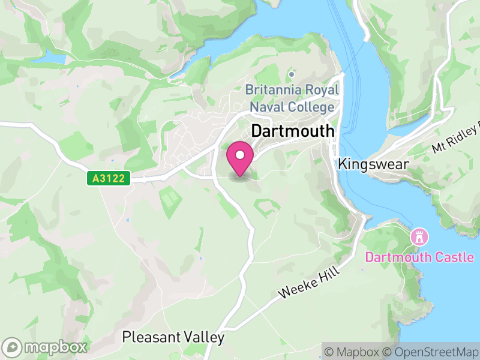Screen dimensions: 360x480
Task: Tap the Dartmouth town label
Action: point(293,131)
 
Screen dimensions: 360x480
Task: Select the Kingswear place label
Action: point(373,163)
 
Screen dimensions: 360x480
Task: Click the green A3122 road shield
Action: point(109,178)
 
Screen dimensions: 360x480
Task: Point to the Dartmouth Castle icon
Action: point(418,236)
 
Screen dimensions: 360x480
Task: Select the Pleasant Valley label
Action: point(173,337)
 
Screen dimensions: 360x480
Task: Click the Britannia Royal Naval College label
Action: point(292,99)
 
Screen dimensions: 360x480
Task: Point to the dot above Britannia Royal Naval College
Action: point(292,74)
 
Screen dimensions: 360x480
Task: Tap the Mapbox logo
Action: point(46,347)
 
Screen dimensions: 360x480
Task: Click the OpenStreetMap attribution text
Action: point(431,352)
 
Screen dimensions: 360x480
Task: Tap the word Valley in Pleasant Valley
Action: point(202,337)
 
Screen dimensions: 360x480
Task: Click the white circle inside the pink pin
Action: point(240,155)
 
